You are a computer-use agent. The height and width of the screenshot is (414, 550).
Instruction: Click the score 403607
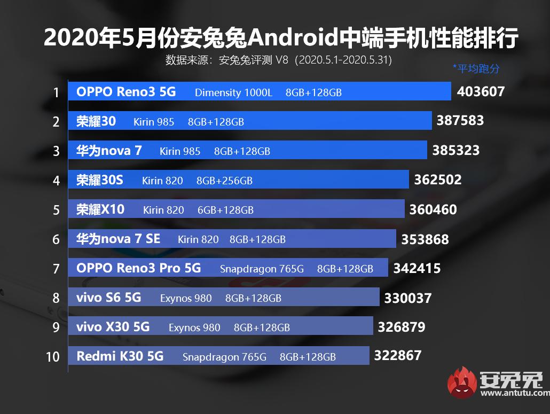click(481, 91)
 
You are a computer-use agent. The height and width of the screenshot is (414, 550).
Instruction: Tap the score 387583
click(460, 121)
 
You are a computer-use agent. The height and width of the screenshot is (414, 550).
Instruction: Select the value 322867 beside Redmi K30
click(398, 355)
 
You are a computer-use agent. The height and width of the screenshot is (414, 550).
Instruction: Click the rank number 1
click(56, 93)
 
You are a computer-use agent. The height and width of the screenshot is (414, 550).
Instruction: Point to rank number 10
click(53, 356)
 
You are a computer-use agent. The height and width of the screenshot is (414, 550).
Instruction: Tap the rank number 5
click(56, 210)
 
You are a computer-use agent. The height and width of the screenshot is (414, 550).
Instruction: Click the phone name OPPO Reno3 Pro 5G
click(138, 268)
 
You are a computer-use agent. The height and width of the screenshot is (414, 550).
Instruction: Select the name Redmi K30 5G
click(120, 356)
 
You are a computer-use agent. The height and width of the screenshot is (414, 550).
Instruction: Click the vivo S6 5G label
click(108, 297)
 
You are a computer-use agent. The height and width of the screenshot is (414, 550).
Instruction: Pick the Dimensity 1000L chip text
click(233, 92)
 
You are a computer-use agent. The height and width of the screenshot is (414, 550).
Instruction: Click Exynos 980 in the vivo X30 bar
click(194, 327)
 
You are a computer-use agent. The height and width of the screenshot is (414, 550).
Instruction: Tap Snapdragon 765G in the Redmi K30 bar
click(224, 356)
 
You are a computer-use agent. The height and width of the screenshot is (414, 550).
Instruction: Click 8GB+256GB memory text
click(224, 181)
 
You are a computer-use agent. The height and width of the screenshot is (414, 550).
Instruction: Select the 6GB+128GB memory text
click(225, 210)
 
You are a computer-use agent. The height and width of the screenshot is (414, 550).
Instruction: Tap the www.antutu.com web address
click(514, 394)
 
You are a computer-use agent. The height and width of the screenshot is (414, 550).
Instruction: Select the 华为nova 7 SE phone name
click(118, 239)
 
